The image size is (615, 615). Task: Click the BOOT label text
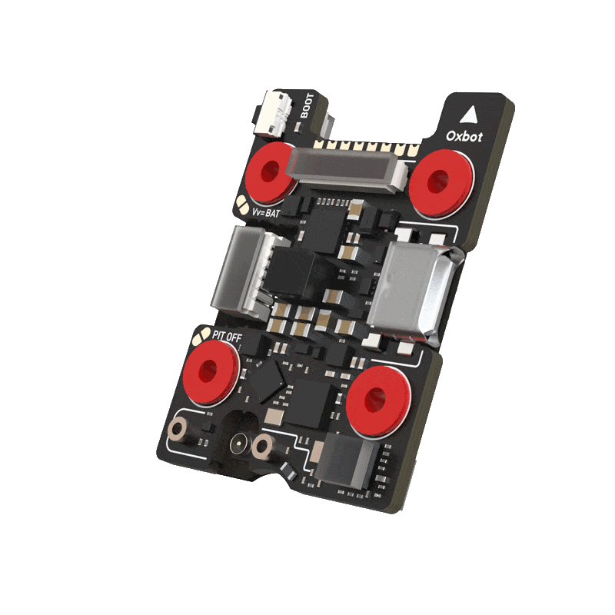307,105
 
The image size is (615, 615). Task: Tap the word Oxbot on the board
464,136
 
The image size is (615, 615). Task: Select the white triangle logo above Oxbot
468,114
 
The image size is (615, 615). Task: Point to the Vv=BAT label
266,213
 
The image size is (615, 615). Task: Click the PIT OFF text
227,336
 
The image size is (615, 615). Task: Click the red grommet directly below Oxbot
440,182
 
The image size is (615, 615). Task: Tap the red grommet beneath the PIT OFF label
211,371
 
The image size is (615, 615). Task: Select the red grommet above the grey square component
378,401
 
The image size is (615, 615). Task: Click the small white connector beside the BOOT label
274,114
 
